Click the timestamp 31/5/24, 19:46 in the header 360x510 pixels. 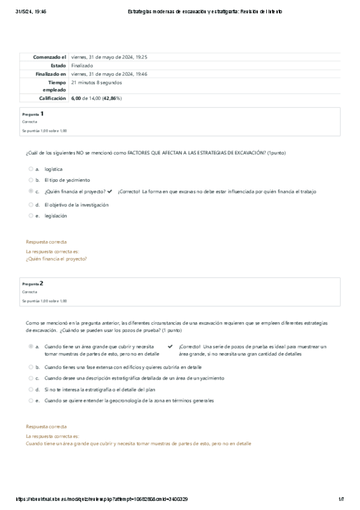31,11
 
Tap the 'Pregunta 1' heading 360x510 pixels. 33,113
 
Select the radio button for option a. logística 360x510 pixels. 31,169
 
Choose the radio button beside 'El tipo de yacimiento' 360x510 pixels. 31,180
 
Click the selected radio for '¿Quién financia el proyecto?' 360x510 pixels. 31,191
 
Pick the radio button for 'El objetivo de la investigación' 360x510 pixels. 31,204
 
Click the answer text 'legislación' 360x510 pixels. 56,215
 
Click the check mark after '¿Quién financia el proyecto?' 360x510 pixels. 109,191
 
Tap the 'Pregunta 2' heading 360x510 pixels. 33,283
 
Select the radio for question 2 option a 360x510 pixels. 31,347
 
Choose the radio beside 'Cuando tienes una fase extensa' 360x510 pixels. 31,366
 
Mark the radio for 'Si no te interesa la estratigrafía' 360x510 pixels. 31,389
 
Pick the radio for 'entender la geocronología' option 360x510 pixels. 31,401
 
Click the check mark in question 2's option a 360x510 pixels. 170,347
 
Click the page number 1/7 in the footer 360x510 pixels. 341,499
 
